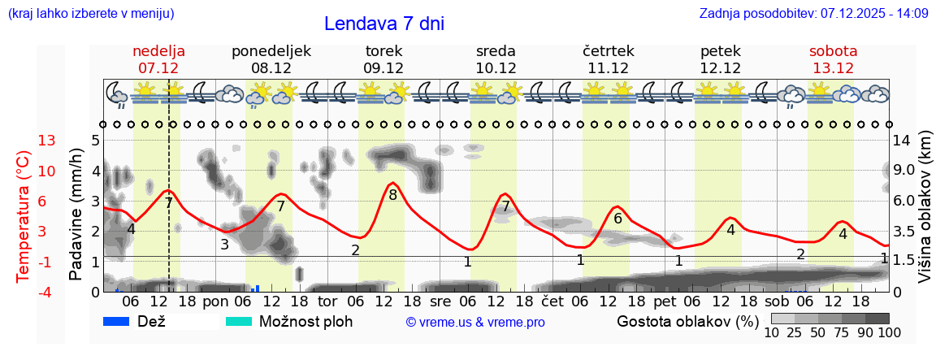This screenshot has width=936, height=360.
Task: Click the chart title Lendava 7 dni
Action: [x=383, y=24]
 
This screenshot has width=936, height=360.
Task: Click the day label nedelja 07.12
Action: [x=158, y=59]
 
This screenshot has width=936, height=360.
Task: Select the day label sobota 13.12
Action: [x=833, y=59]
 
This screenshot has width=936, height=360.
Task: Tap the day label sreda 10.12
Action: [x=496, y=59]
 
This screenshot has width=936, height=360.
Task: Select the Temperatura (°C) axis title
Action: [x=24, y=216]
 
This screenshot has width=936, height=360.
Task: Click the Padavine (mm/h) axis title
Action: [x=76, y=215]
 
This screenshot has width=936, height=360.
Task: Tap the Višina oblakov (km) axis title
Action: [x=925, y=208]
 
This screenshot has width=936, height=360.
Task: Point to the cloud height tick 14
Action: [x=903, y=141]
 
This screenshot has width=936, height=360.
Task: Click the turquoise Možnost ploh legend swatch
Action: [x=239, y=321]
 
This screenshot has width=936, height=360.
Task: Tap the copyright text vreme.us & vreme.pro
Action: [x=475, y=322]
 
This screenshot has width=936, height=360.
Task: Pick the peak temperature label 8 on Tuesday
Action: [x=392, y=195]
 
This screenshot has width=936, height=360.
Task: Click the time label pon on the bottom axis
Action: [x=215, y=301]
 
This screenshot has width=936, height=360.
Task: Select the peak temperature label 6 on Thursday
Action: [x=617, y=218]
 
